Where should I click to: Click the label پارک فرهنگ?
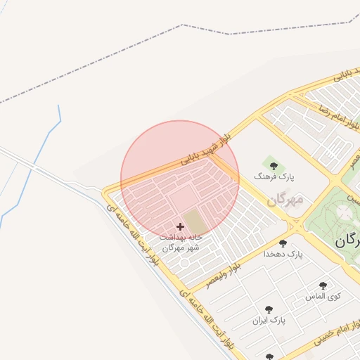pos(280,178)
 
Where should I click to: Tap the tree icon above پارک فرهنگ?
pos(274,166)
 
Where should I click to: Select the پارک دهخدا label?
pos(283,254)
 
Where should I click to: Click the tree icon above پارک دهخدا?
pos(283,243)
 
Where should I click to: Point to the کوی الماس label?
pos(323,297)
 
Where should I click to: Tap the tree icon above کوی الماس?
pos(323,285)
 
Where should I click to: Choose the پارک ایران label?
pos(269,320)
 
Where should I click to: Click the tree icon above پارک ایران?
pos(269,309)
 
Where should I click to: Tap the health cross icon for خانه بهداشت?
pos(180,226)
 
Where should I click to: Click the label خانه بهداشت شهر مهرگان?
pos(181,243)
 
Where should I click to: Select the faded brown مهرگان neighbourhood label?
pos(285,199)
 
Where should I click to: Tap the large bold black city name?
pos(346,240)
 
